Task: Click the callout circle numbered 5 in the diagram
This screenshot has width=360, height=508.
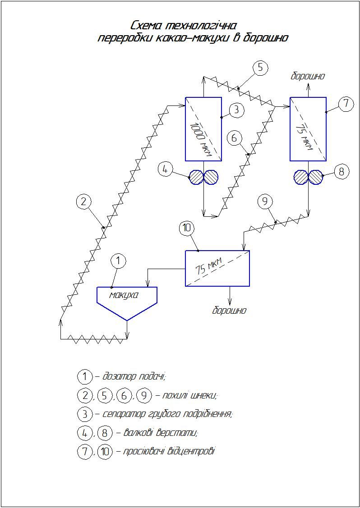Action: (x=260, y=69)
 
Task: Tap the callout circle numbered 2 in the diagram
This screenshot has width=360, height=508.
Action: (x=83, y=201)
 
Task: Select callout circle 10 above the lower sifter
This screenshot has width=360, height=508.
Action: (x=187, y=228)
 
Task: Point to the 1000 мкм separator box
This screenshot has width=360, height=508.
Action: (x=203, y=129)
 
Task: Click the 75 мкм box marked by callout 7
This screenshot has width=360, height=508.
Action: (x=308, y=129)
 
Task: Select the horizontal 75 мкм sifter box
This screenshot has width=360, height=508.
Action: (x=217, y=268)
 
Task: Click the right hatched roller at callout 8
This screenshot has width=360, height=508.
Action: (x=316, y=177)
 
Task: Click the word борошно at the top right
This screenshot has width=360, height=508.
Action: (x=308, y=77)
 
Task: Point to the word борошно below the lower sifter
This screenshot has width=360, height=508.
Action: (x=229, y=311)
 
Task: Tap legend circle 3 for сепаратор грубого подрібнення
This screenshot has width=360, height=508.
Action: (x=85, y=414)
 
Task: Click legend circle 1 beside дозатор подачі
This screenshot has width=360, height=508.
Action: (x=85, y=377)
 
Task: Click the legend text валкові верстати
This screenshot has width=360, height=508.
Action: (x=161, y=433)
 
